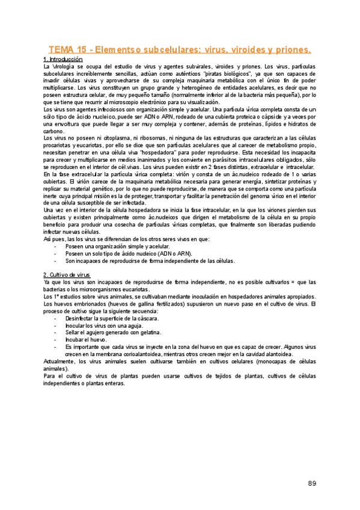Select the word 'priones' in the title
[290, 49]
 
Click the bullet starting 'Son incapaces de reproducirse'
[149, 260]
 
